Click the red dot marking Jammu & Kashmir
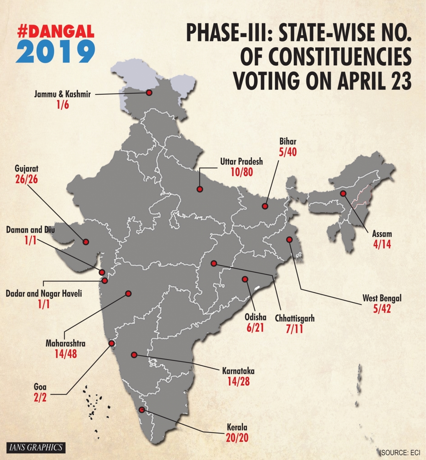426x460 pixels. [x=149, y=92]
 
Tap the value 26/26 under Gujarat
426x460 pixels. [x=26, y=179]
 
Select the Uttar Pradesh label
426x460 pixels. [x=242, y=161]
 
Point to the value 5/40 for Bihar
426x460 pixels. [x=288, y=152]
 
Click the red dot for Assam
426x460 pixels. [x=343, y=194]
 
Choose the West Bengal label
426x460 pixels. [x=382, y=298]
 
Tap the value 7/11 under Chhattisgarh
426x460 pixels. [x=294, y=329]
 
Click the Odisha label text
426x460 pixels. [x=255, y=317]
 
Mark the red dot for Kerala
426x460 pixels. [x=141, y=410]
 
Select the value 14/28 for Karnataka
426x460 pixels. [x=238, y=381]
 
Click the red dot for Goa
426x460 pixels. [x=112, y=343]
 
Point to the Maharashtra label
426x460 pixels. [x=65, y=343]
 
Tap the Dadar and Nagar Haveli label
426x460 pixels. [x=44, y=293]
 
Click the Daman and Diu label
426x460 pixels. [x=30, y=230]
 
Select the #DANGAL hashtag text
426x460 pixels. [x=56, y=31]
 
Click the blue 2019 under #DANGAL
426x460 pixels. [x=56, y=52]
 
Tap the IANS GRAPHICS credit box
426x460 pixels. [x=36, y=447]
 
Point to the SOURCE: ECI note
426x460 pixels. [x=400, y=452]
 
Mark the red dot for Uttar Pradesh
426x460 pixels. [x=200, y=189]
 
